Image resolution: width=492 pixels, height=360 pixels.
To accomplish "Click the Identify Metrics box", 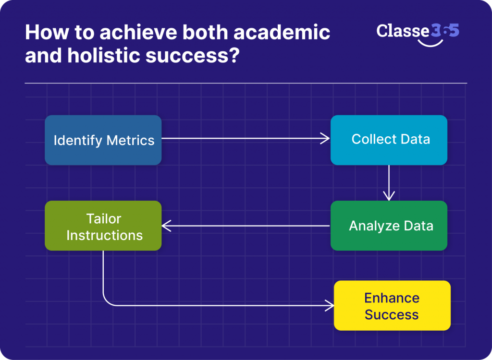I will click(103, 140).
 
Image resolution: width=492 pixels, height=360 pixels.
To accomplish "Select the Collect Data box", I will click(389, 140).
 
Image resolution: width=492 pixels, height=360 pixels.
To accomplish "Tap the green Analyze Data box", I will click(389, 226).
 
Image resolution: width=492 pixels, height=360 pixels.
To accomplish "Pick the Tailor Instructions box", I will click(103, 226).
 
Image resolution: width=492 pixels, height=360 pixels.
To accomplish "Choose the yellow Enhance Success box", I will click(392, 306).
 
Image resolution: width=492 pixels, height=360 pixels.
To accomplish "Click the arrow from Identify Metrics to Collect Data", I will click(245, 139).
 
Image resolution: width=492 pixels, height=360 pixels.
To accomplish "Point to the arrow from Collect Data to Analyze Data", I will click(389, 182).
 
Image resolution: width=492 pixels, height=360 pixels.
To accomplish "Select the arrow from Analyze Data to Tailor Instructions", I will click(245, 225).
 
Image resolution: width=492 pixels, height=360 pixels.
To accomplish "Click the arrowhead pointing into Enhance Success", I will click(330, 305).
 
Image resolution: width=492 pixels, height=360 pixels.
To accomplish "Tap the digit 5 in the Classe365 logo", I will click(453, 30).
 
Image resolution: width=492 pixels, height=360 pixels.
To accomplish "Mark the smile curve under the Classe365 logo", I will click(430, 44).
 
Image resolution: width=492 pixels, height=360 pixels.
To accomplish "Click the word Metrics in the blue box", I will click(131, 141).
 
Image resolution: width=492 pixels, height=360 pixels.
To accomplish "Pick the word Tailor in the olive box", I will click(104, 219).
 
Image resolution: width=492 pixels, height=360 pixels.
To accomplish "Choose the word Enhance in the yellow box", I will click(392, 298).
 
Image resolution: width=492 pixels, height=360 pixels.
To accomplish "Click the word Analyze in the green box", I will click(371, 226).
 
